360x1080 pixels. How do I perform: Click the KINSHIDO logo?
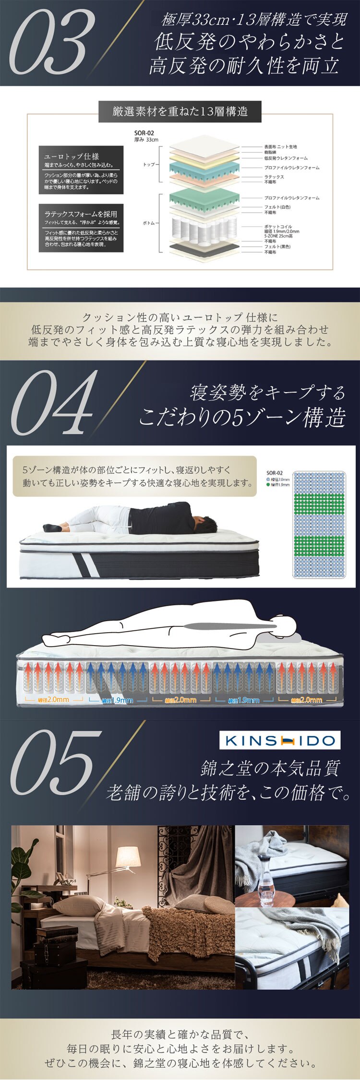280,740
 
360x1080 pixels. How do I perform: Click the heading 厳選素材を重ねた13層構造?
180,112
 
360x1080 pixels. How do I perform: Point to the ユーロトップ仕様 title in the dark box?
72,156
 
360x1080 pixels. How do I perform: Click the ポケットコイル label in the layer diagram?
278,227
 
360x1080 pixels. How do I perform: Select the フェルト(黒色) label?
277,246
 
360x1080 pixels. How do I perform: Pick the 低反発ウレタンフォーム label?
286,158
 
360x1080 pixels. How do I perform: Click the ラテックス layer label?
274,177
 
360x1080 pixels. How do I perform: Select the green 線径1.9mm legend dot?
268,485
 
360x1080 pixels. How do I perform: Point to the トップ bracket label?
149,165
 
